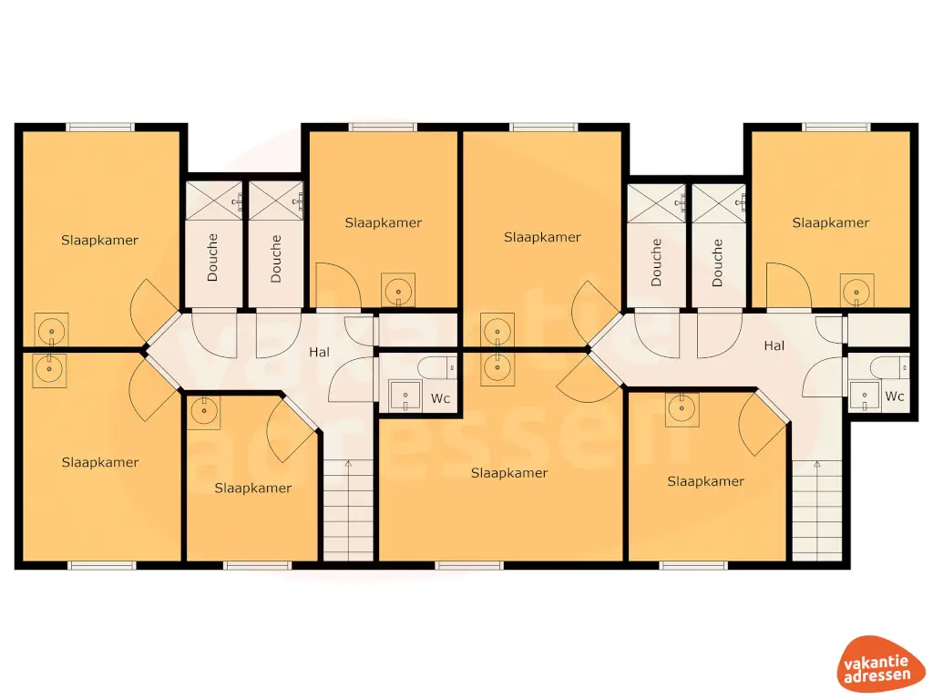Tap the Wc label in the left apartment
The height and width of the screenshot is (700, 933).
[441, 398]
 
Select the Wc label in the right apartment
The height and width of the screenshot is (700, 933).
[895, 396]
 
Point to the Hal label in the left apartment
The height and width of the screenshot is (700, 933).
[319, 352]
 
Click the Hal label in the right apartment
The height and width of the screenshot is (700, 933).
[774, 345]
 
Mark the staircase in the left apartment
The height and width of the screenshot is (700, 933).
[348, 510]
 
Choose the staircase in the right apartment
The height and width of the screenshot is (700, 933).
[816, 510]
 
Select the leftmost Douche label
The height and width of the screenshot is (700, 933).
[212, 257]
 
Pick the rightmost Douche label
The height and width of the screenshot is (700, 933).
[717, 262]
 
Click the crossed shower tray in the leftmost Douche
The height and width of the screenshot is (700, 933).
[214, 198]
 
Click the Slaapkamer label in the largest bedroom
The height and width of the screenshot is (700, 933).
[509, 473]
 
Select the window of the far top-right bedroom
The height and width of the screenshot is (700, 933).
[836, 127]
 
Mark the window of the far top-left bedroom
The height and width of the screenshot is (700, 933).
[100, 127]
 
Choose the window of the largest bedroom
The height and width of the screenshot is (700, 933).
[469, 565]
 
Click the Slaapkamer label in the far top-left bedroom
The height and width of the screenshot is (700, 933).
[100, 241]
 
